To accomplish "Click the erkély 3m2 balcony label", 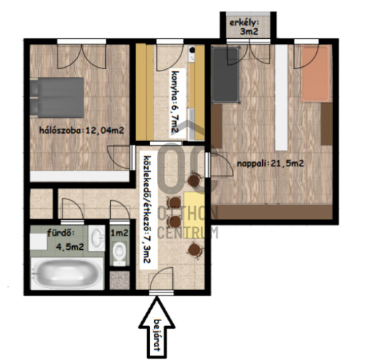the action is pos(244,27).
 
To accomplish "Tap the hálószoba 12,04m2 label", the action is pos(81,130).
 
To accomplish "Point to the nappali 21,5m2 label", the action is pos(270,163).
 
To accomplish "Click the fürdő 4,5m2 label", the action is pos(66,240).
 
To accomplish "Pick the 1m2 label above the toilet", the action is pos(120,233).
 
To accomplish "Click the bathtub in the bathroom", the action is pos(67,274).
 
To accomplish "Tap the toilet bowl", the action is pos(120,253).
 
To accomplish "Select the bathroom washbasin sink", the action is pos(97,238).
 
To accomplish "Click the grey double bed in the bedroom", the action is pos(57,97).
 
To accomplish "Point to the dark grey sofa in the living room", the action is pos(225,75).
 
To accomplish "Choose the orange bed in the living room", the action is pos(316,74).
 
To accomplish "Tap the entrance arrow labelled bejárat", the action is pos(156,327).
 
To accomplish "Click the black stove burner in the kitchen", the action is pos(192,50).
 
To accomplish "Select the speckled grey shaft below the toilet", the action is pos(120,280).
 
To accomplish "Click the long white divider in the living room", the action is pos(281,98).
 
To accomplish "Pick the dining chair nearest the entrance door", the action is pos(195,251).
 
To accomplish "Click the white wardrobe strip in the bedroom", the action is pos(80,176).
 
